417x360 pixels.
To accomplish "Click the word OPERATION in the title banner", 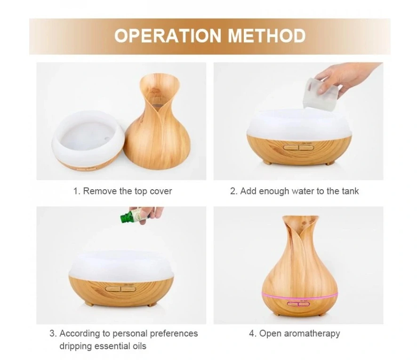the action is coord(168,36).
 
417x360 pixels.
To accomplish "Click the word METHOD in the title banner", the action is coord(267,36).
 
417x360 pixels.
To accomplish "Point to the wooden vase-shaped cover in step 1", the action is coord(157,122).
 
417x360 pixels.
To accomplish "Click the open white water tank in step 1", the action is coord(88,140).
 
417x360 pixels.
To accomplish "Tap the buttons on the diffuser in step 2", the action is coord(299,147).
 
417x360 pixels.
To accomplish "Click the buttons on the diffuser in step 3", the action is coord(120,289).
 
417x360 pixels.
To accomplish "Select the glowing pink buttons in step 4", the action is coord(298,304).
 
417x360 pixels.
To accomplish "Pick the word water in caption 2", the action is coord(303,191).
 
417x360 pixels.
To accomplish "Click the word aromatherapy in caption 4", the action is coord(312,334).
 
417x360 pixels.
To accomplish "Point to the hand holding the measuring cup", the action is coord(346,77).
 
